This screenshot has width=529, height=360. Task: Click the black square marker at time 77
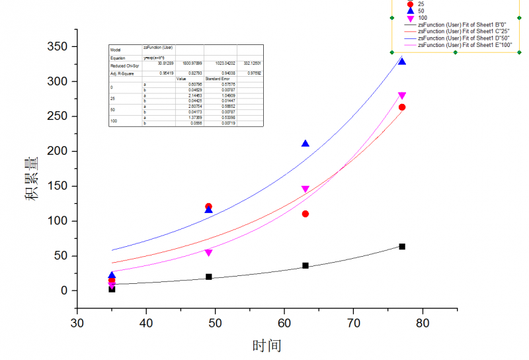pyautogui.click(x=402, y=246)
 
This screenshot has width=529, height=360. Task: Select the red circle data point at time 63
pyautogui.click(x=305, y=214)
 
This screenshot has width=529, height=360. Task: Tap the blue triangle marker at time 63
pyautogui.click(x=305, y=144)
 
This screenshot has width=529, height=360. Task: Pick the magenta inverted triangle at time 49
pyautogui.click(x=209, y=253)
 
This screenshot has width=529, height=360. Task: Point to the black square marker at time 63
pyautogui.click(x=305, y=265)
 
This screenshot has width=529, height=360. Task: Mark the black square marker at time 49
pyautogui.click(x=209, y=277)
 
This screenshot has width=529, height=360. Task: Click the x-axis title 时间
pyautogui.click(x=267, y=345)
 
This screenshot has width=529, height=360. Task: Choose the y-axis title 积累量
pyautogui.click(x=32, y=178)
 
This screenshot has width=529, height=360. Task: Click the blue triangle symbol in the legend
pyautogui.click(x=410, y=11)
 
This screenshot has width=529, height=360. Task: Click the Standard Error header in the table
pyautogui.click(x=218, y=79)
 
